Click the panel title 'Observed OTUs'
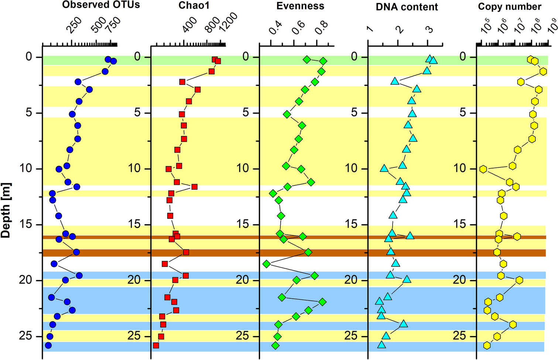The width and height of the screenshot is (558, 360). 101,5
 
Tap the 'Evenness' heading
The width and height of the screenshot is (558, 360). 300,6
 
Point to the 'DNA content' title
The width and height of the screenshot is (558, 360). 407,7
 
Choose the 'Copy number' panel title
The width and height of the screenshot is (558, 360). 509,7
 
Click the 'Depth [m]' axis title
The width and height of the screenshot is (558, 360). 6,210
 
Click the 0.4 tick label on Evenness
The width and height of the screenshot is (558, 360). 275,28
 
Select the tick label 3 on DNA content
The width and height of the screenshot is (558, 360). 429,29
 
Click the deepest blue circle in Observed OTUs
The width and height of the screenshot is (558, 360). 48,345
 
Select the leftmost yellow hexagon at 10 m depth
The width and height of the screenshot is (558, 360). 483,169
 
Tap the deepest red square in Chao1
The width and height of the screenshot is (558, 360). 156,345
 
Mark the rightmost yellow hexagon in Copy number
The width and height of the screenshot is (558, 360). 543,71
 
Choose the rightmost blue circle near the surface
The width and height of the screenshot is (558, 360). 113,61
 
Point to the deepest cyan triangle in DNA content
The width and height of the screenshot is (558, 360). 382,345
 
